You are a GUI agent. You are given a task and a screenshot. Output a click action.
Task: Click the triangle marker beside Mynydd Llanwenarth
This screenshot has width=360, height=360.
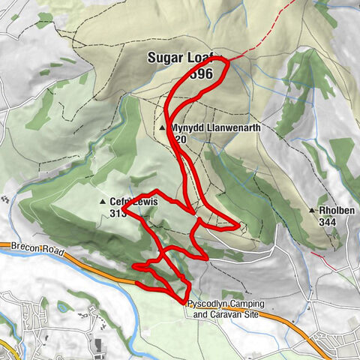coord(163,129)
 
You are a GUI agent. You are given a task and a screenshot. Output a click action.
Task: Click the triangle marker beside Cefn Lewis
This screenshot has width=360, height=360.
coord(103,202)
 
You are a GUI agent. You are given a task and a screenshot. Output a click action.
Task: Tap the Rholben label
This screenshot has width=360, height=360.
coord(335,211)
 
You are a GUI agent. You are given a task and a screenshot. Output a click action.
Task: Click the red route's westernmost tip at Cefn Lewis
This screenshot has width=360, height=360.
coord(124,211)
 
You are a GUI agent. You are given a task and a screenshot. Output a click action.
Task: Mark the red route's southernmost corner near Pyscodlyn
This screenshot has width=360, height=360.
coord(185,302)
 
